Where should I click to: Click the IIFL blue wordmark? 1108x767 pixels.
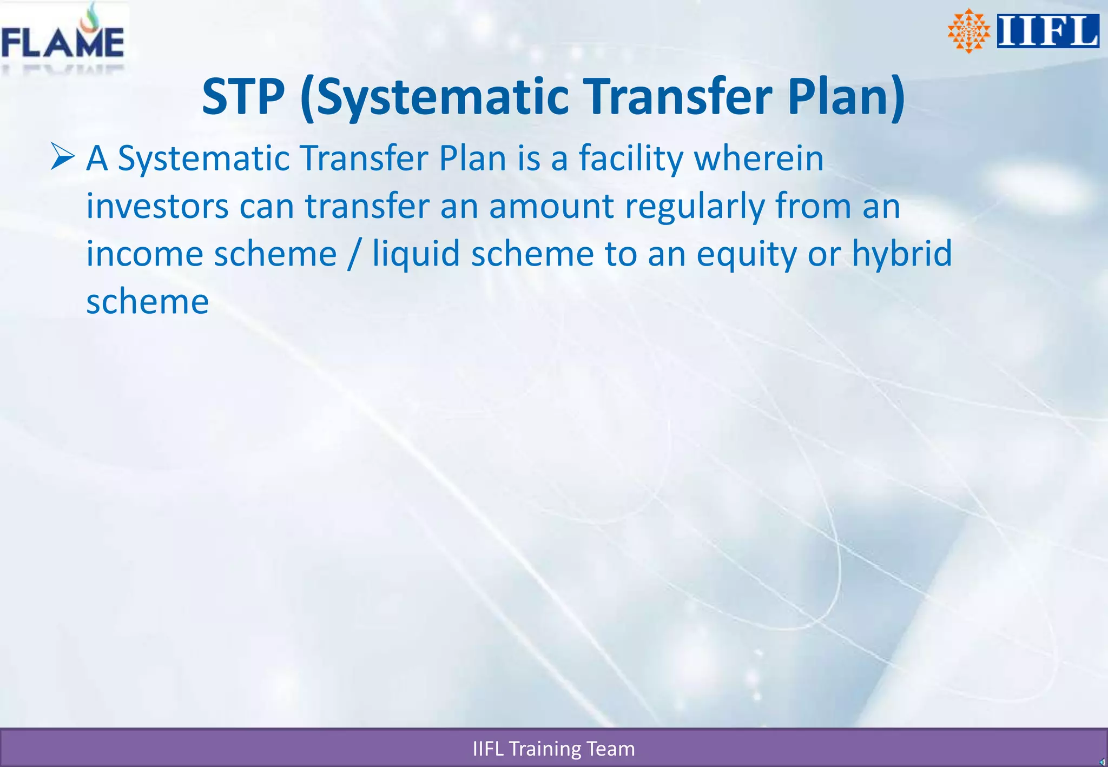click(1047, 31)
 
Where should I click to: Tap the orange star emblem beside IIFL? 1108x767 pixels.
click(968, 31)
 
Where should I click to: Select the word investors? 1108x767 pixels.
click(157, 206)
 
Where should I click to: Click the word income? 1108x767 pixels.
click(144, 254)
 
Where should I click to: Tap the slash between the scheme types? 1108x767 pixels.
click(354, 254)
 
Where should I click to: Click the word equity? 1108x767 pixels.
click(746, 255)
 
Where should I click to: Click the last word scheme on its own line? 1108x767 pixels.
click(147, 301)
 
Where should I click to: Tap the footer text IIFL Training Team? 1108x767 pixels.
click(553, 749)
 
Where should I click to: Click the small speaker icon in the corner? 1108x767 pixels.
click(1102, 762)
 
